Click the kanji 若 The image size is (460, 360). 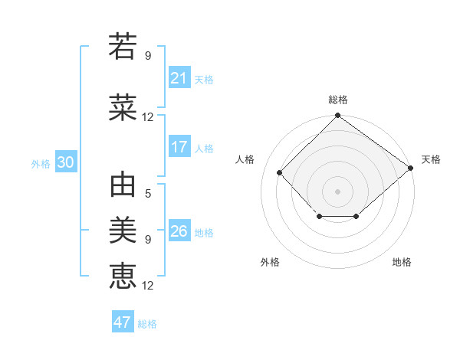coord(123,47)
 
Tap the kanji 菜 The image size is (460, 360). coord(123,108)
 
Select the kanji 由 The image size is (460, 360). coord(123,186)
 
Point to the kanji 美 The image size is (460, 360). coord(123,229)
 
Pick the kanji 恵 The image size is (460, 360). coord(123,275)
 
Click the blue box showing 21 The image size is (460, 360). coord(179,78)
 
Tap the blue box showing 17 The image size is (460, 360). coord(179,147)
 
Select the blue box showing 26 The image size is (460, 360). coord(179,231)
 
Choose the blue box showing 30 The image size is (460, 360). coord(65,162)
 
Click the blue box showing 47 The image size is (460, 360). coord(123,322)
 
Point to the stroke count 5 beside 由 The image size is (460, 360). coord(148,193)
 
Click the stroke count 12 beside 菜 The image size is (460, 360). coord(148,117)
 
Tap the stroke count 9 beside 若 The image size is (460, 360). coord(148,55)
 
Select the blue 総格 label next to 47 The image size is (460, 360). coord(147,324)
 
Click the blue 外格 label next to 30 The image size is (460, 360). coord(41,163)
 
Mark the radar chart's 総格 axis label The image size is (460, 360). coord(337,100)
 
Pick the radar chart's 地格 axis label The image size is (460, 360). coord(402,262)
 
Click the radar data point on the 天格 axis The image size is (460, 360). coord(410,168)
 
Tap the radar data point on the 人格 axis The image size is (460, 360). coord(280,173)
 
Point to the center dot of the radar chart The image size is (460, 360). coord(337,191)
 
